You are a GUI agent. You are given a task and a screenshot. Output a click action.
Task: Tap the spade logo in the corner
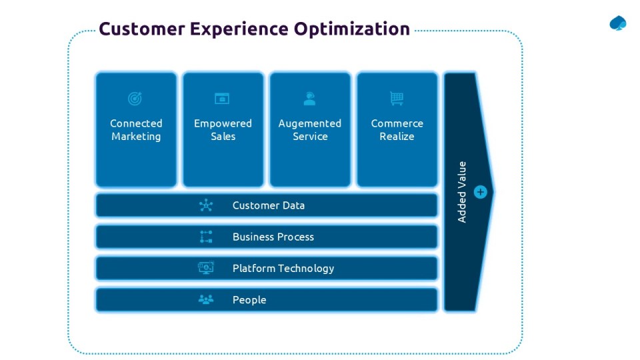click(618, 23)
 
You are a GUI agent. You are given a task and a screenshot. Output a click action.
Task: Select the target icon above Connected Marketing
click(135, 99)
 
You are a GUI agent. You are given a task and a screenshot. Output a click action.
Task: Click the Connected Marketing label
click(136, 130)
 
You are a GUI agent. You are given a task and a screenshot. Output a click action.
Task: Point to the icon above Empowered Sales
click(222, 99)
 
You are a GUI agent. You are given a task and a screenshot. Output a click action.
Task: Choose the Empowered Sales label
click(223, 130)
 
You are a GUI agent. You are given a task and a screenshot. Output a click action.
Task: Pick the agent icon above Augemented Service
click(309, 99)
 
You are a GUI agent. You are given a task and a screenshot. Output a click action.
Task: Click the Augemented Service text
click(310, 130)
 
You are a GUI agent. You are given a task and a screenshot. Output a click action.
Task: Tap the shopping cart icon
click(397, 99)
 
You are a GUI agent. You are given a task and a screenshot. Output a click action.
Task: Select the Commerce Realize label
click(397, 130)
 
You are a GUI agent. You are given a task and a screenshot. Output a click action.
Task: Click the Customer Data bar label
click(269, 205)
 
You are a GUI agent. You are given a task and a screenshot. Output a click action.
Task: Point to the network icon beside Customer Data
click(206, 205)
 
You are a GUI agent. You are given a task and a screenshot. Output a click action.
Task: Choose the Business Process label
click(273, 237)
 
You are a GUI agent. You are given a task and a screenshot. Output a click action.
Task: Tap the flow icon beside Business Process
click(206, 237)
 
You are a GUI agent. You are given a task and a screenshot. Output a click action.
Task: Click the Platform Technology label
click(283, 268)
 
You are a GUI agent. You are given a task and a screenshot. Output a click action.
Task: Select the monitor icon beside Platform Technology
click(206, 268)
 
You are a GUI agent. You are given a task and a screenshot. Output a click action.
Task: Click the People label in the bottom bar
click(249, 300)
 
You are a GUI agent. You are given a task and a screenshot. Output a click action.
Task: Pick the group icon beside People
click(206, 300)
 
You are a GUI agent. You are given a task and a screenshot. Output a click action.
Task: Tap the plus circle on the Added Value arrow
click(481, 192)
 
